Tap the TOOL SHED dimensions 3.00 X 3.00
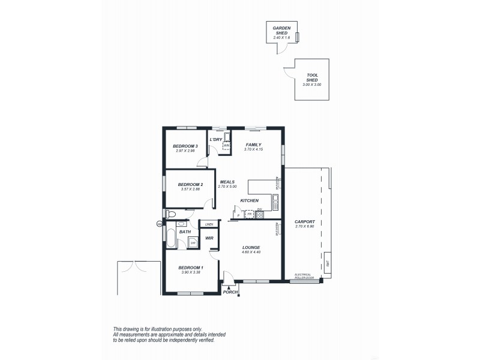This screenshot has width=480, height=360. [312, 85]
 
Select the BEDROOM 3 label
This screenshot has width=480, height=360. [185, 146]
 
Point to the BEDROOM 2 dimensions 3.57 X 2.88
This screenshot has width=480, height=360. [190, 189]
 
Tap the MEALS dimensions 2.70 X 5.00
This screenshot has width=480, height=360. [227, 187]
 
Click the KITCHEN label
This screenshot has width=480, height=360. [249, 200]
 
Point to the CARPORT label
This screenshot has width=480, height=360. [304, 221]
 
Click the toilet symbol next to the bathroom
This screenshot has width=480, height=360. [170, 214]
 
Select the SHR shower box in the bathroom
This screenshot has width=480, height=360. [193, 243]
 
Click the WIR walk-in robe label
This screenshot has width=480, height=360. [209, 238]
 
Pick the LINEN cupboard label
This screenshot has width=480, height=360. [209, 224]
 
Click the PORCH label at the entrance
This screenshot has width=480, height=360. [230, 292]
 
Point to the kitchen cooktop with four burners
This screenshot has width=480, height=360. [260, 214]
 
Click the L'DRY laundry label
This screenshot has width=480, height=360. [216, 140]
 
